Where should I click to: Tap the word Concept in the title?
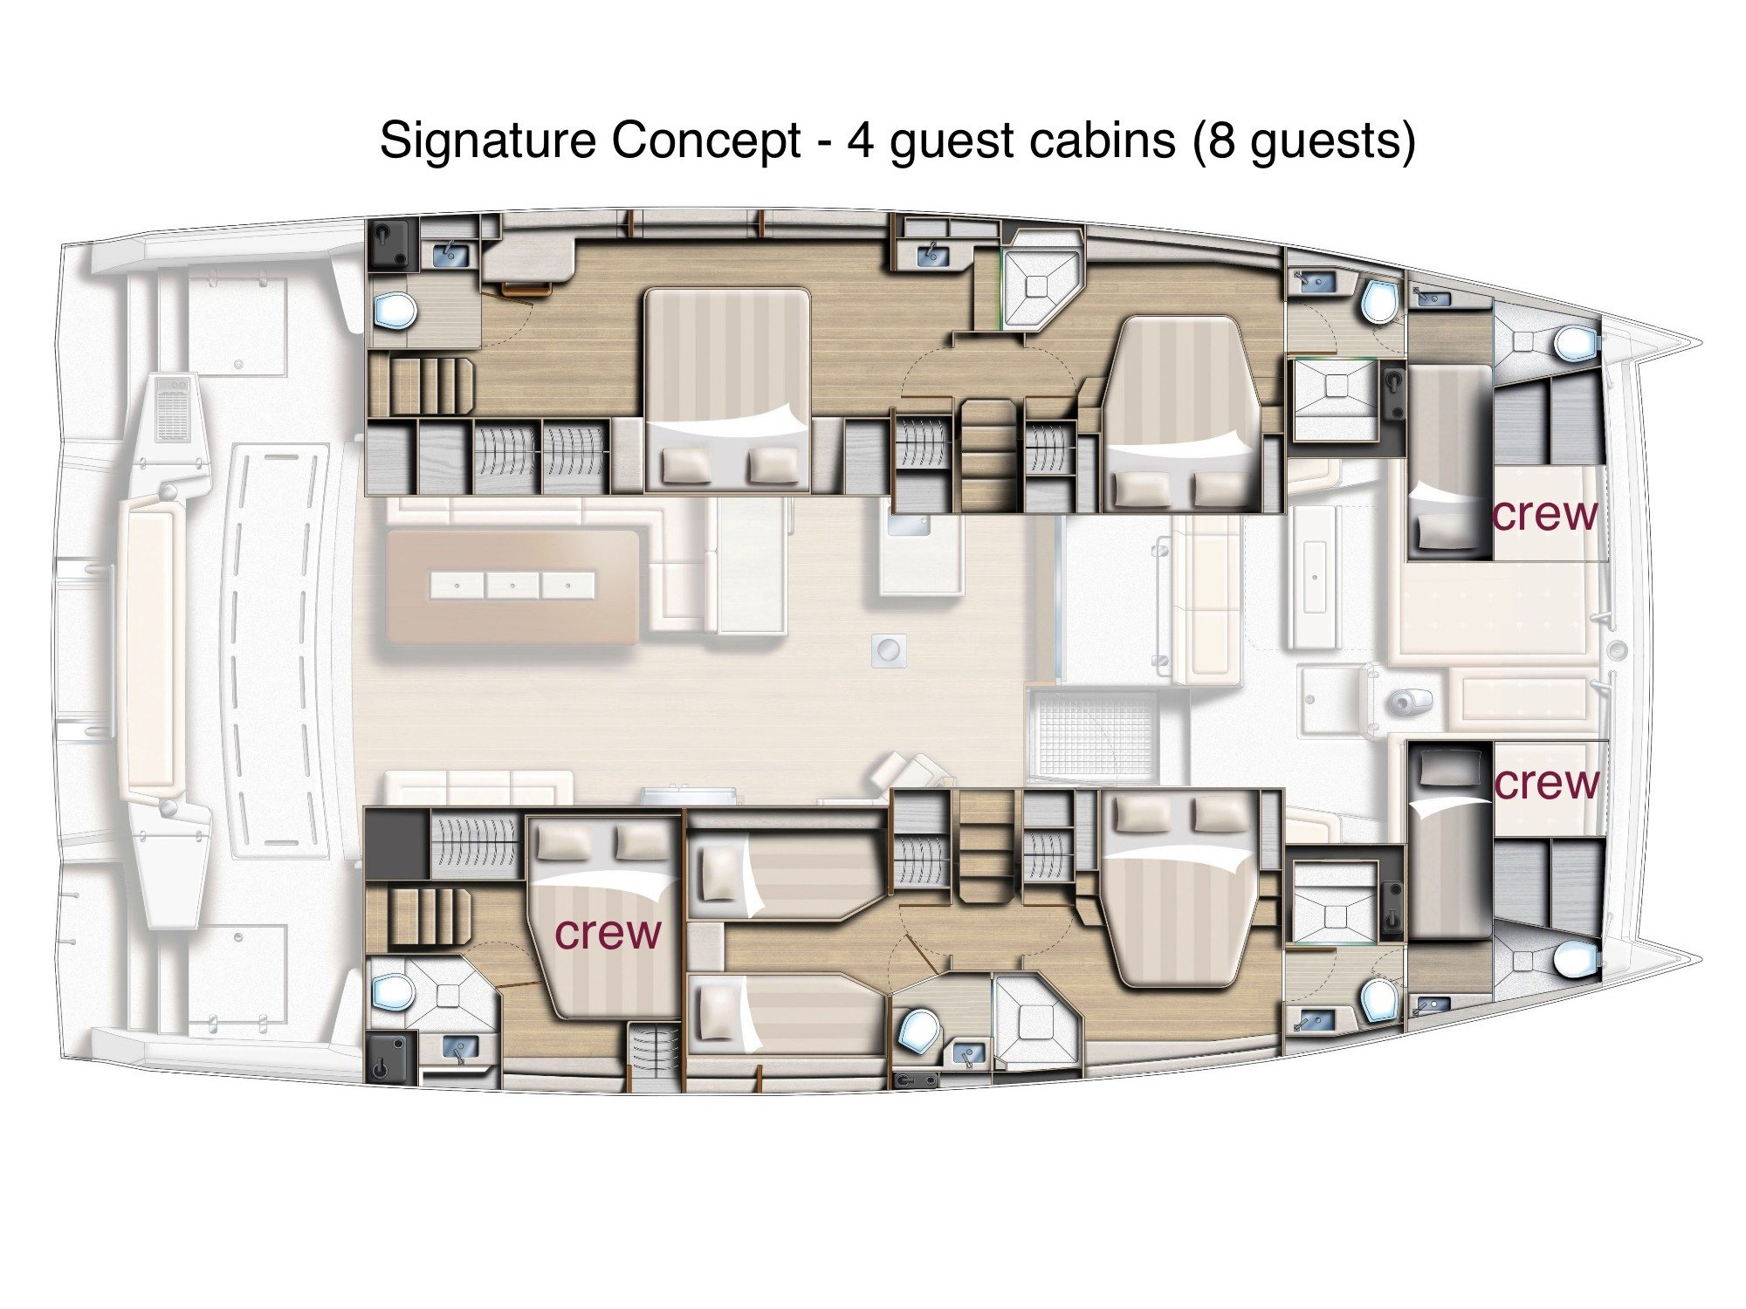click(x=705, y=140)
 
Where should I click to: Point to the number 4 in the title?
click(x=860, y=140)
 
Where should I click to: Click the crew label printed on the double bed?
click(x=608, y=933)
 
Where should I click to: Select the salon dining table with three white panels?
click(x=512, y=586)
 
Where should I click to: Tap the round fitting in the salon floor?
click(x=888, y=650)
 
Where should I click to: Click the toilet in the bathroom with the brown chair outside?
click(x=394, y=310)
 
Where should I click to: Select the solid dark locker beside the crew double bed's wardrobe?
click(x=396, y=844)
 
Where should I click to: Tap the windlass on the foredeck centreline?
click(x=1617, y=650)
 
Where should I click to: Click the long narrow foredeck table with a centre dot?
click(x=1314, y=577)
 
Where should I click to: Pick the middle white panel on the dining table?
click(x=512, y=586)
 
